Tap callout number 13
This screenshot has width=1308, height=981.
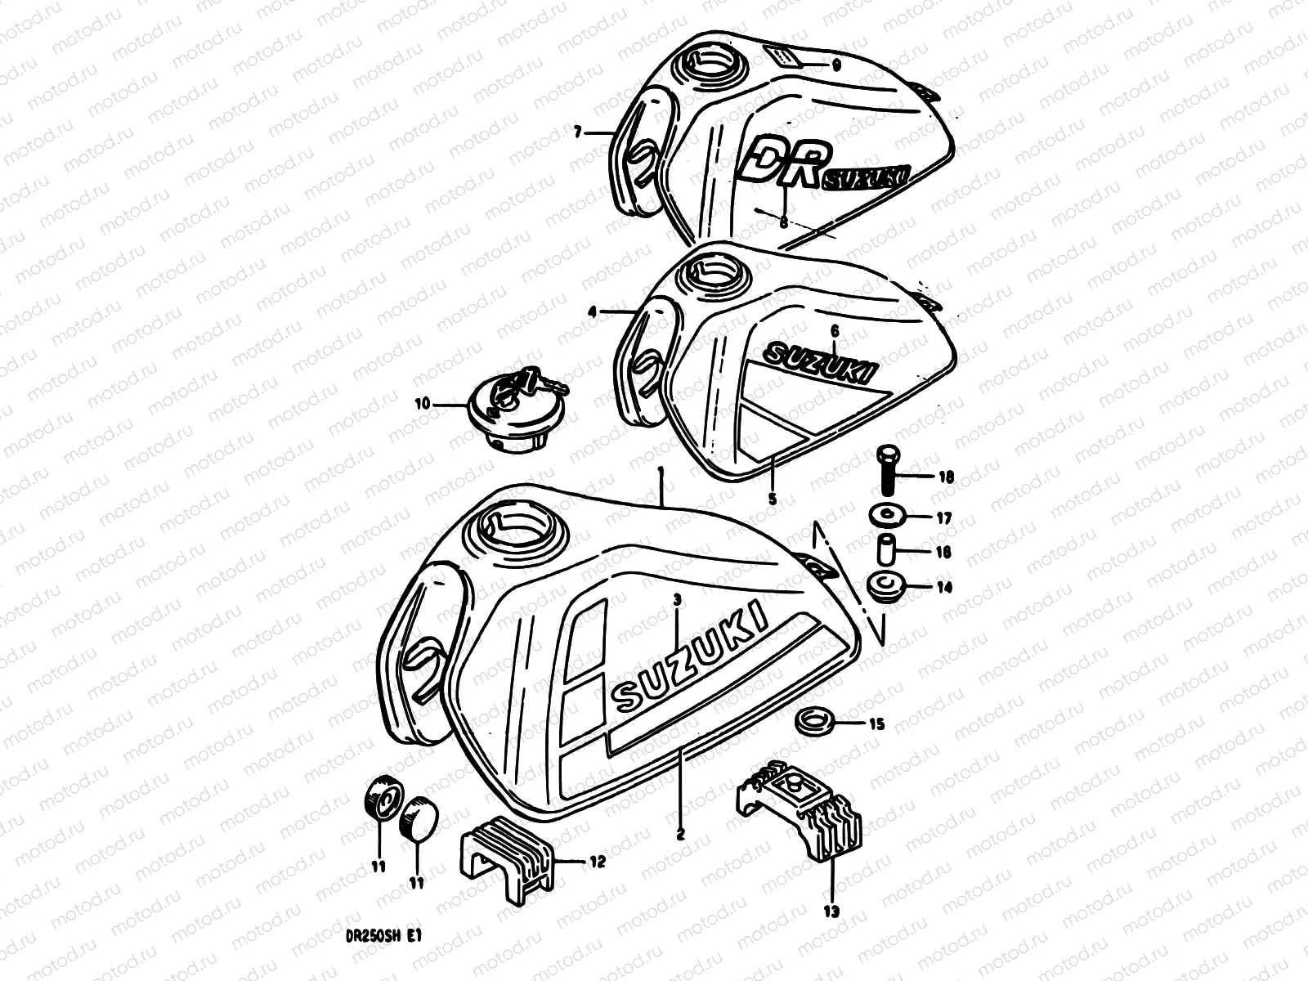[x=831, y=910]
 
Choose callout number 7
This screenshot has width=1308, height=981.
[x=577, y=131]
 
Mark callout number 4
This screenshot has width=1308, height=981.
[x=592, y=311]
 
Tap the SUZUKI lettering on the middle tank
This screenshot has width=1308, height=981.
[x=820, y=363]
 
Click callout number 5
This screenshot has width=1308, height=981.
[x=772, y=497]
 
